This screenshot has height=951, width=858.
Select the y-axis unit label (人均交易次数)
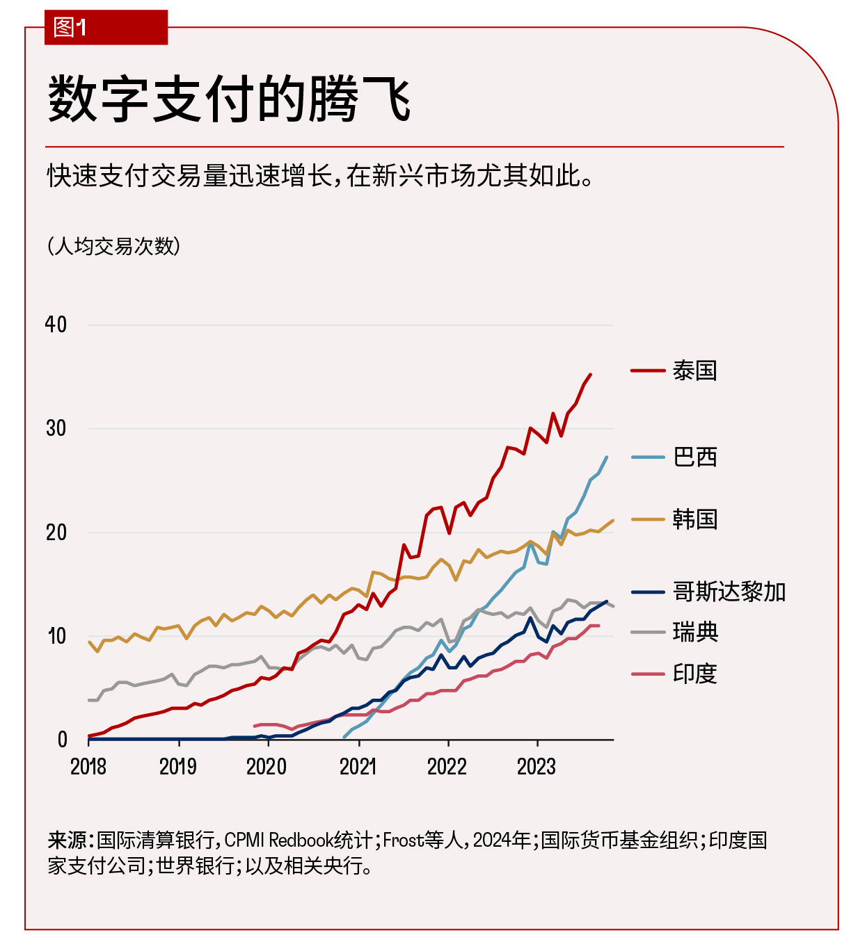pyautogui.click(x=113, y=246)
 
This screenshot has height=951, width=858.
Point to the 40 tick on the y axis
pyautogui.click(x=56, y=325)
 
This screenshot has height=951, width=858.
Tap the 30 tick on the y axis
pyautogui.click(x=56, y=428)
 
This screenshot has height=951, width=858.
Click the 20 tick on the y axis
pyautogui.click(x=56, y=533)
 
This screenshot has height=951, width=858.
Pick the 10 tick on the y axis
pyautogui.click(x=56, y=636)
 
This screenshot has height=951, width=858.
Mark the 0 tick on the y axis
pyautogui.click(x=63, y=740)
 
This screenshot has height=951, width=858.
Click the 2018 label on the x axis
pyautogui.click(x=88, y=767)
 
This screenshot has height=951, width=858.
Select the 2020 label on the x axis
pyautogui.click(x=267, y=767)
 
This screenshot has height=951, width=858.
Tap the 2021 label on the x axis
pyautogui.click(x=358, y=767)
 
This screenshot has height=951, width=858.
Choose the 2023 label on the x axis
pyautogui.click(x=536, y=767)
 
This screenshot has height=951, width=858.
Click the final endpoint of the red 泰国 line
pyautogui.click(x=591, y=374)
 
